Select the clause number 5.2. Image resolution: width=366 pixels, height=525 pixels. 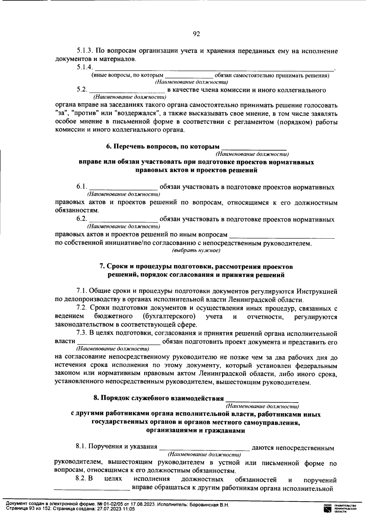pyautogui.click(x=82, y=90)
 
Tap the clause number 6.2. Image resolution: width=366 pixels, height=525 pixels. pyautogui.click(x=82, y=219)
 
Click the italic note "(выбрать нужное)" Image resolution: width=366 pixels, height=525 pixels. pyautogui.click(x=196, y=251)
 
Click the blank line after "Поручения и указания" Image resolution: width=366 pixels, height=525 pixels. pyautogui.click(x=204, y=448)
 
